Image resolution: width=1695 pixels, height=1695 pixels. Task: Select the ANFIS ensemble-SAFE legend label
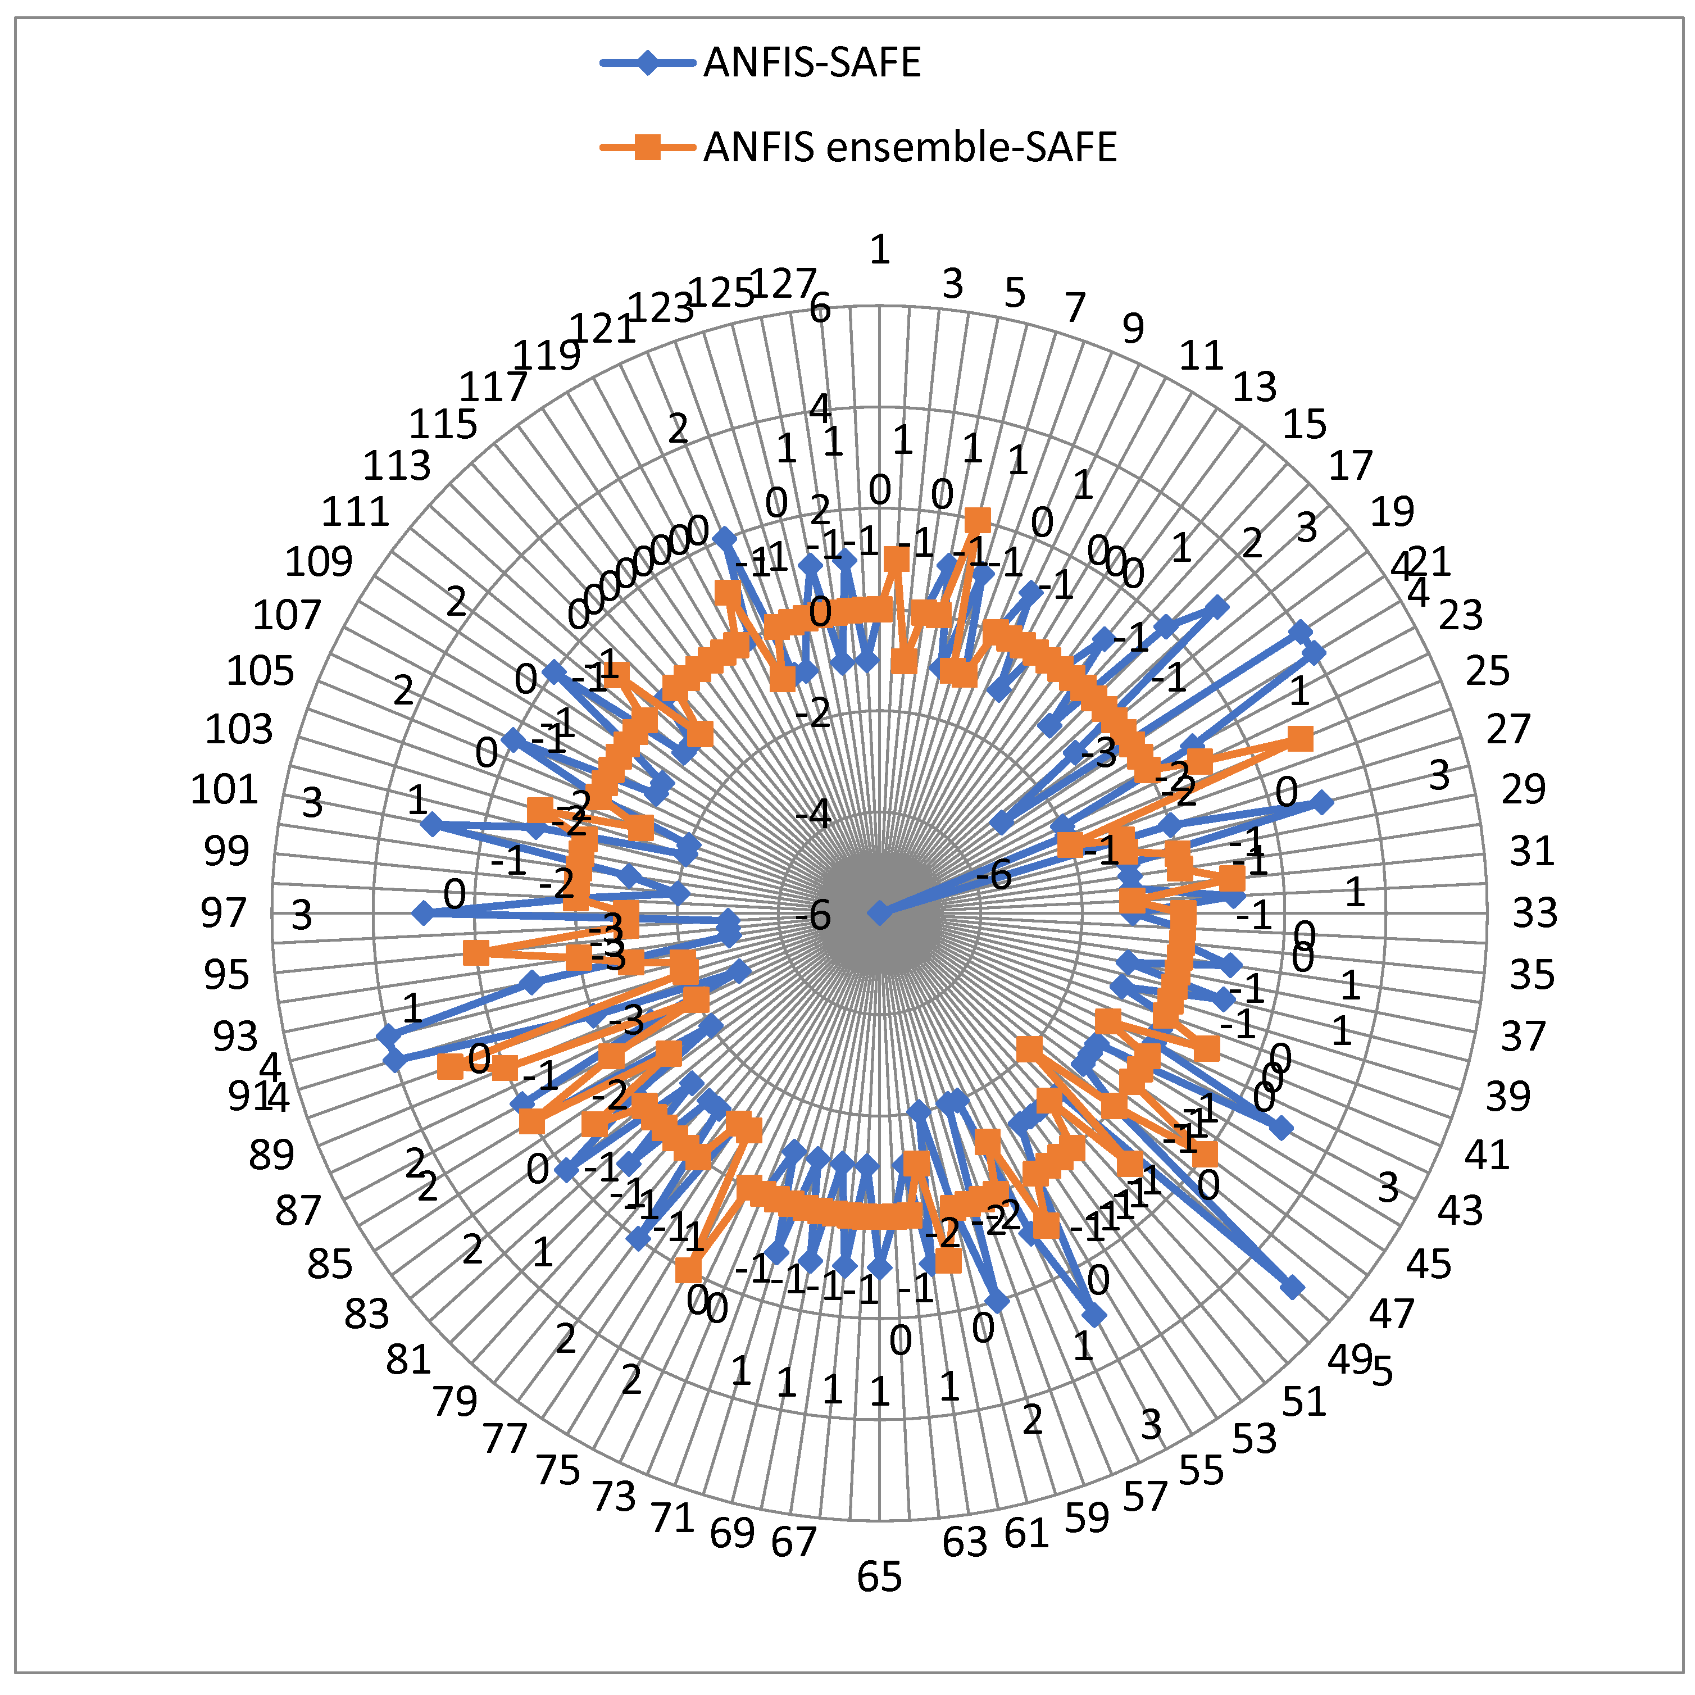coord(910,147)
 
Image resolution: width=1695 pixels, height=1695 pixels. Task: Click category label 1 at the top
coord(879,250)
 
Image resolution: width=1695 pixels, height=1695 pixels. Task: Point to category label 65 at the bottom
coord(879,1576)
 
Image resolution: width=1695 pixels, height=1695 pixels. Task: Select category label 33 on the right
coord(1534,914)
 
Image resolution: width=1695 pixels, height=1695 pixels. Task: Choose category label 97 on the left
coord(224,914)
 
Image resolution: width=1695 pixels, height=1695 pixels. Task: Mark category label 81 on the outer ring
coord(409,1360)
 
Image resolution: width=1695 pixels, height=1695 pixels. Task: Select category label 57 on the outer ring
coord(1145,1497)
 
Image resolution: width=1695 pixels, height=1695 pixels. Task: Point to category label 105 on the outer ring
coord(261,672)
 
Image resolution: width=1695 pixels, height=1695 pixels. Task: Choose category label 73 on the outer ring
coord(614,1497)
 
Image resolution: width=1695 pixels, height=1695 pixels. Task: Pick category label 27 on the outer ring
coord(1508,729)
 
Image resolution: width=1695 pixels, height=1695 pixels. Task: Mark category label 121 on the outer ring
coord(603,330)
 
